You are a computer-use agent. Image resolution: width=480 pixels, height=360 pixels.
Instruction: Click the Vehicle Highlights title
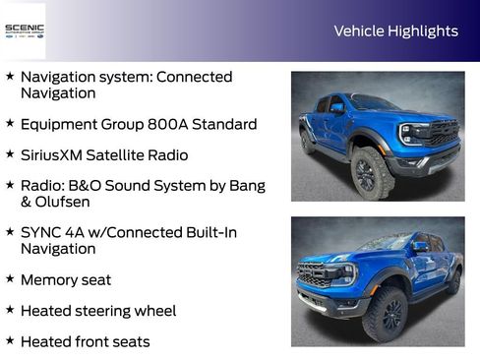pyautogui.click(x=395, y=30)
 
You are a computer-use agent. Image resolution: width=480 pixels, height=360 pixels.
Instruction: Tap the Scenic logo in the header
pyautogui.click(x=24, y=30)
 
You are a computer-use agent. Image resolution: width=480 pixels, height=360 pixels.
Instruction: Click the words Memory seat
pyautogui.click(x=65, y=280)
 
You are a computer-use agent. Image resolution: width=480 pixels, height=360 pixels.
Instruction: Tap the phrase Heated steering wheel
pyautogui.click(x=98, y=311)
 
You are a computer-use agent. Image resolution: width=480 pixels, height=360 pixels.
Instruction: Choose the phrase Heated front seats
pyautogui.click(x=85, y=341)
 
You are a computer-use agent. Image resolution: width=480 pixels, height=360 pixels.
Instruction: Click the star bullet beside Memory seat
pyautogui.click(x=10, y=279)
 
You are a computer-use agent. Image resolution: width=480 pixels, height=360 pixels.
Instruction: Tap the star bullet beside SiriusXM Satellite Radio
pyautogui.click(x=10, y=153)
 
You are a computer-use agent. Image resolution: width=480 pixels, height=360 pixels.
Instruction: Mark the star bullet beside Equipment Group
pyautogui.click(x=10, y=123)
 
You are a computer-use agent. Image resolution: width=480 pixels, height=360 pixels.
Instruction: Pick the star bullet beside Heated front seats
pyautogui.click(x=10, y=340)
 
